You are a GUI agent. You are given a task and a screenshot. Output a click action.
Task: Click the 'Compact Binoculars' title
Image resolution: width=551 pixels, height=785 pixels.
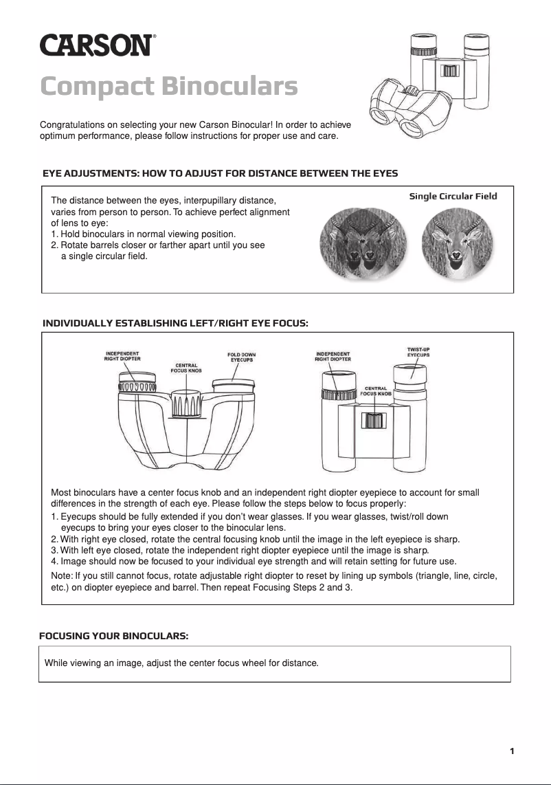pyautogui.click(x=169, y=87)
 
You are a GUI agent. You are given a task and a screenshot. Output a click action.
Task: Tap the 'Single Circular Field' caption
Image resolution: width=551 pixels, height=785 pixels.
pyautogui.click(x=453, y=196)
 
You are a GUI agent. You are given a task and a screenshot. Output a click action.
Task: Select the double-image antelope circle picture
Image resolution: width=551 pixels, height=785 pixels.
pyautogui.click(x=363, y=244)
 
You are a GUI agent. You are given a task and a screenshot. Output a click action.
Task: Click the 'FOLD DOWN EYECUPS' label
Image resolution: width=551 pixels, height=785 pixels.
pyautogui.click(x=241, y=357)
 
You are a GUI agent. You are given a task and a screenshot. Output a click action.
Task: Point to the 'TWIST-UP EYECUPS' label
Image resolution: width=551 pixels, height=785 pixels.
pyautogui.click(x=418, y=352)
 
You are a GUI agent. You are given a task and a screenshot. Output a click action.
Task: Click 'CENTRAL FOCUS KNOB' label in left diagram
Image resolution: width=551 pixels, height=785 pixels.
pyautogui.click(x=186, y=368)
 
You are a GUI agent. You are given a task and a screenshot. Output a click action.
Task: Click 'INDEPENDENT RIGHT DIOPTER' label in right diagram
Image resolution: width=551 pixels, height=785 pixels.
pyautogui.click(x=333, y=356)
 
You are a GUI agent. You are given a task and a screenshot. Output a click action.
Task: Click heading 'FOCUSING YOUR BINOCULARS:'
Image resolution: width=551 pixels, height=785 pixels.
pyautogui.click(x=114, y=636)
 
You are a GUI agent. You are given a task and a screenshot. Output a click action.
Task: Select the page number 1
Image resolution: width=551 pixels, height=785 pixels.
pyautogui.click(x=512, y=751)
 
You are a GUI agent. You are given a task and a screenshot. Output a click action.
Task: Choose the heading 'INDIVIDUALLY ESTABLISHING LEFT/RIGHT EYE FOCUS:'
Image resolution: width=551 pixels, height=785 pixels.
pyautogui.click(x=175, y=322)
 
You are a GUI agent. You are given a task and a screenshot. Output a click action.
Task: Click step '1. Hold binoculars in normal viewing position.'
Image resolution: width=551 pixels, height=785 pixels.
pyautogui.click(x=144, y=234)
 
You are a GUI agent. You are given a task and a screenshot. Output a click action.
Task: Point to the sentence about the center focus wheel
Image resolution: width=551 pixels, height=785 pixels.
pyautogui.click(x=181, y=663)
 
